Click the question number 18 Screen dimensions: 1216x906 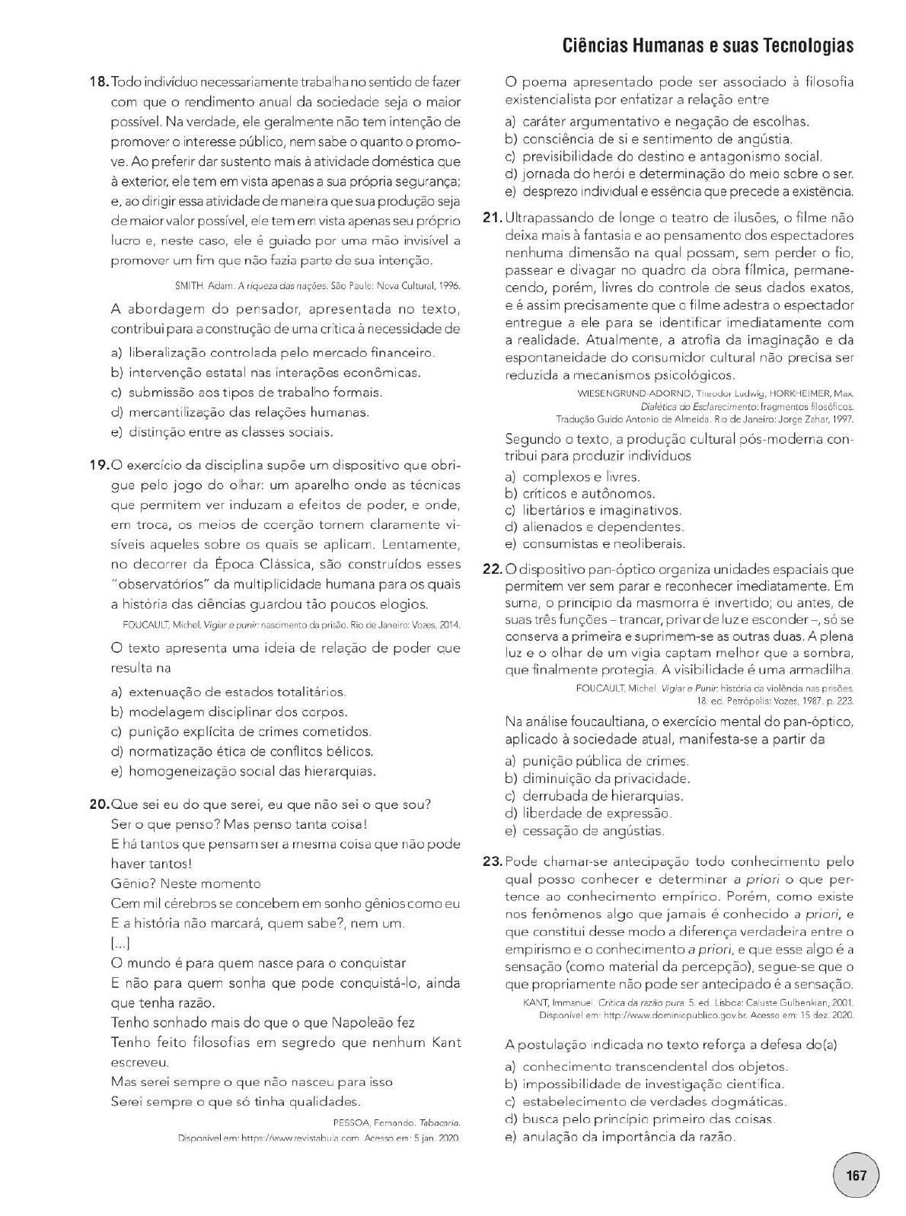(x=100, y=81)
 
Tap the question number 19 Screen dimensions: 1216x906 (x=100, y=465)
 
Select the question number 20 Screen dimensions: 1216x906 (x=100, y=804)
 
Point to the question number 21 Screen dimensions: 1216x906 (x=493, y=218)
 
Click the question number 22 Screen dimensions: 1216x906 (x=493, y=569)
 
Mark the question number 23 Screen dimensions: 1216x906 (x=493, y=861)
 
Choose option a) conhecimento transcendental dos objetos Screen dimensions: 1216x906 (x=655, y=1066)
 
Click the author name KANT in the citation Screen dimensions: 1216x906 (x=536, y=1002)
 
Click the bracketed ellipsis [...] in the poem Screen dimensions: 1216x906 (x=120, y=944)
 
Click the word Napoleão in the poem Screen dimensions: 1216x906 (x=356, y=1022)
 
